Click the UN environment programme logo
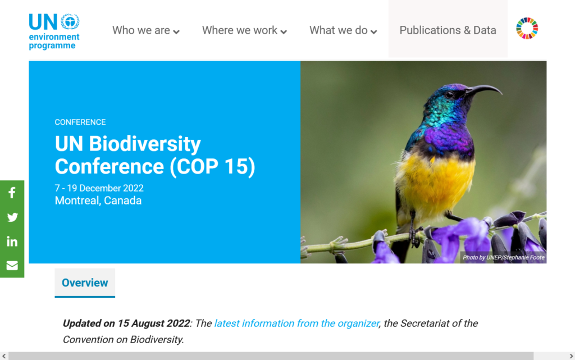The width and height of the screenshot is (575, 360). [x=54, y=31]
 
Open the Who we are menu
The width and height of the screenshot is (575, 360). [x=145, y=30]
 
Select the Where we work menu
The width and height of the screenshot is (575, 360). [x=244, y=30]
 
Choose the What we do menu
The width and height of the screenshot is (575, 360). [x=343, y=30]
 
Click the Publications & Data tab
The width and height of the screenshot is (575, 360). [x=448, y=30]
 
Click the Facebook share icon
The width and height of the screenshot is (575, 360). [x=12, y=193]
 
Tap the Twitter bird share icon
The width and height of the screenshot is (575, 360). [x=12, y=217]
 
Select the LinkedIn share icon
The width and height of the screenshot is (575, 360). [x=12, y=241]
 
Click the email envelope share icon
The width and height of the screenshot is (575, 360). [x=12, y=266]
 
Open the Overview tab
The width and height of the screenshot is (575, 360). [x=85, y=282]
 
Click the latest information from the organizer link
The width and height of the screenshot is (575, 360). [x=296, y=323]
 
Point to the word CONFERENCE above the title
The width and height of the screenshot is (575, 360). [x=80, y=122]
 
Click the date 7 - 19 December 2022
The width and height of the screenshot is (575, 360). [x=99, y=188]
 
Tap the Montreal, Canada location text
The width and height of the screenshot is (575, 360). [x=98, y=200]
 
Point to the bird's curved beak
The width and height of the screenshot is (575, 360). [x=484, y=90]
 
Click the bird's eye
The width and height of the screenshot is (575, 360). [x=450, y=94]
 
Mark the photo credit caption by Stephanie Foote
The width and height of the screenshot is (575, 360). [x=504, y=257]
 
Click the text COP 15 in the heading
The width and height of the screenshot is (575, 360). [x=212, y=166]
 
